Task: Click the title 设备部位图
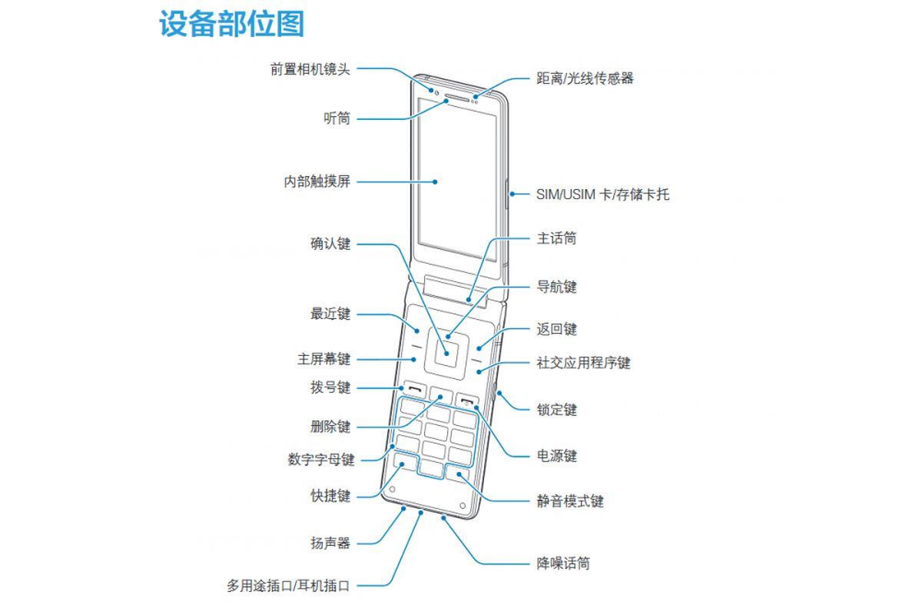[231, 25]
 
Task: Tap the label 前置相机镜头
[310, 68]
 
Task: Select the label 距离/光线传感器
[585, 78]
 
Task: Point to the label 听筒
[337, 118]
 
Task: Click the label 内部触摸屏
[317, 182]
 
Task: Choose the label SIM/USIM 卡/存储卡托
[602, 194]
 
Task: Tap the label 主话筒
[556, 238]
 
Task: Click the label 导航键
[556, 287]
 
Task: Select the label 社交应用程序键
[583, 362]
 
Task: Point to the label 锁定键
[556, 410]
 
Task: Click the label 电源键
[556, 456]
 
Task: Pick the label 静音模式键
[569, 501]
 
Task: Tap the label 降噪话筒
[563, 563]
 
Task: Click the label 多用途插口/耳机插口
[288, 586]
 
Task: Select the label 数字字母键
[321, 460]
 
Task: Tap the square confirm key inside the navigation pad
[446, 351]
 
